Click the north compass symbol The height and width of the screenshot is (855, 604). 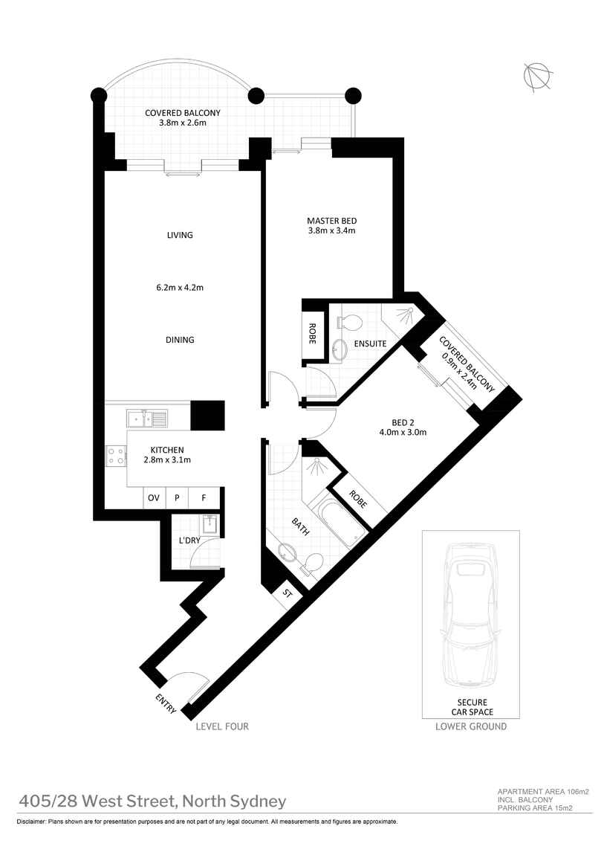click(x=537, y=77)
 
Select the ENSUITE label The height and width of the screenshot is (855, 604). click(x=370, y=343)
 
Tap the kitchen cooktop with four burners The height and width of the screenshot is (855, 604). click(x=116, y=455)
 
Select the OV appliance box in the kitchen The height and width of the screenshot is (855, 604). click(x=154, y=498)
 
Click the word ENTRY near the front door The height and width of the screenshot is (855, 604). click(x=166, y=703)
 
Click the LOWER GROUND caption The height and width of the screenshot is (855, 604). click(x=471, y=726)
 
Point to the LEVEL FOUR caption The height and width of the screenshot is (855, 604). click(x=221, y=726)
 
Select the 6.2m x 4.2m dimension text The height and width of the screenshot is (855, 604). click(x=180, y=287)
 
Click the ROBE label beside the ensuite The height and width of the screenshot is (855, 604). click(x=312, y=332)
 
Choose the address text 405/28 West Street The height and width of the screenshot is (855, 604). click(x=152, y=801)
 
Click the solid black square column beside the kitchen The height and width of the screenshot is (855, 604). click(x=207, y=415)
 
